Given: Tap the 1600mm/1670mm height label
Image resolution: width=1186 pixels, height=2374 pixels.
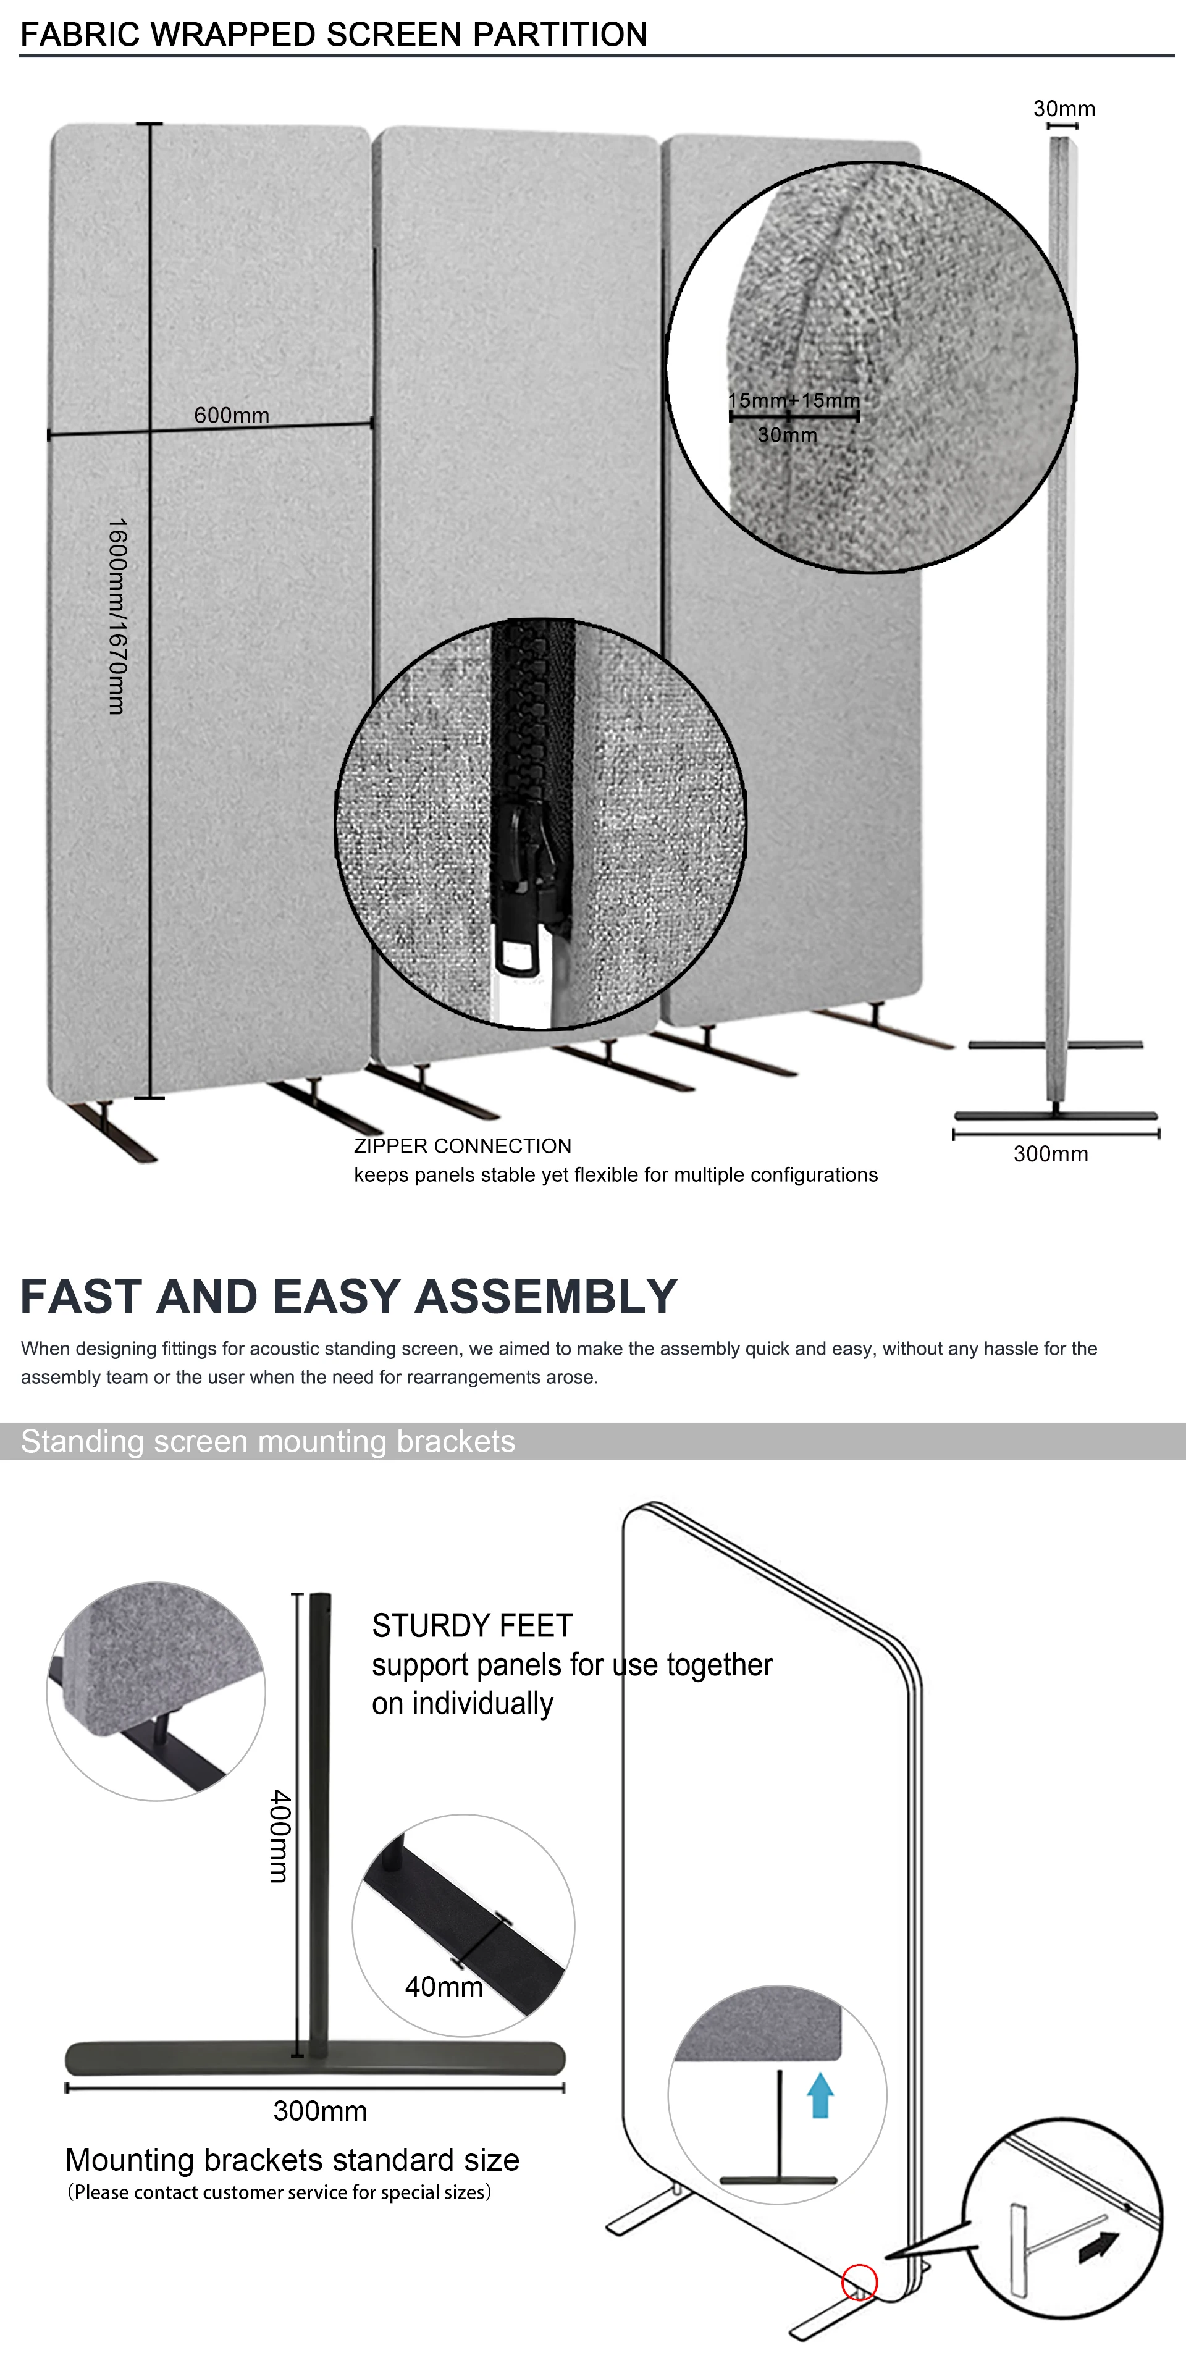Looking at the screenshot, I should (117, 616).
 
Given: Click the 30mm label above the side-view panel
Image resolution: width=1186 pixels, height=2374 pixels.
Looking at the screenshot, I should (1064, 109).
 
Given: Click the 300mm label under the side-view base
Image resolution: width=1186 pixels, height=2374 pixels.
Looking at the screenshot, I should (1051, 1154).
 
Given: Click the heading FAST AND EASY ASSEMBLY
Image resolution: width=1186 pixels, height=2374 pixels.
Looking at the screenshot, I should (348, 1297).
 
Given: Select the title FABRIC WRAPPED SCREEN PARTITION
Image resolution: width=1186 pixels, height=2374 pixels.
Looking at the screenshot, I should (334, 34).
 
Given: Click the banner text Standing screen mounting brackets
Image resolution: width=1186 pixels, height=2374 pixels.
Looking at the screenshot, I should (267, 1441).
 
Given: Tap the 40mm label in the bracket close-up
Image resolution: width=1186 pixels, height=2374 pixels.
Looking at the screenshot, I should (444, 1986).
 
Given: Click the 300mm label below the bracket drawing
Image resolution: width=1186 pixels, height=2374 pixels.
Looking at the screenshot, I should (320, 2110).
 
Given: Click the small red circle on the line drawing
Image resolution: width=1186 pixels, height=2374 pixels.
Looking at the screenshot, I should (859, 2282).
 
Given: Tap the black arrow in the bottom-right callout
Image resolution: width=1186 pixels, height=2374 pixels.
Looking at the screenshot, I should (1098, 2246).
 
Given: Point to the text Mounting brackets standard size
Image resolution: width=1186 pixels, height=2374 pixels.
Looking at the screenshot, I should (292, 2159).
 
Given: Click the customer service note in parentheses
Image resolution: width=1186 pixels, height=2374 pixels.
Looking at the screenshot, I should (279, 2192).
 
